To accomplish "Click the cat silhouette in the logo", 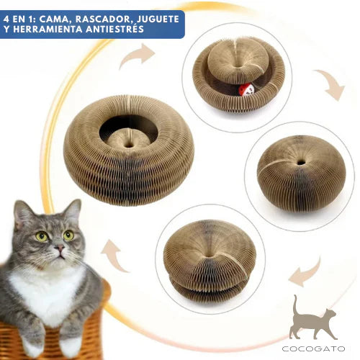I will (x=312, y=319).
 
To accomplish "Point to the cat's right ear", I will (x=72, y=211).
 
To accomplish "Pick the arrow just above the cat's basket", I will (x=114, y=255).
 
